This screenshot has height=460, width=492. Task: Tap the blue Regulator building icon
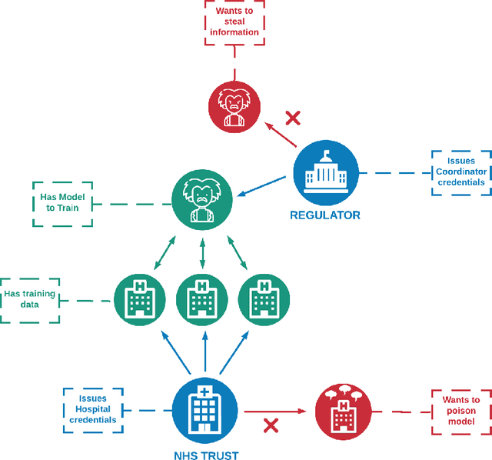coord(325,173)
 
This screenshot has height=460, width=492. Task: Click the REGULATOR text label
coord(325,215)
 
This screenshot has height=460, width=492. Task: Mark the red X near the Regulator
coord(293,118)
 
